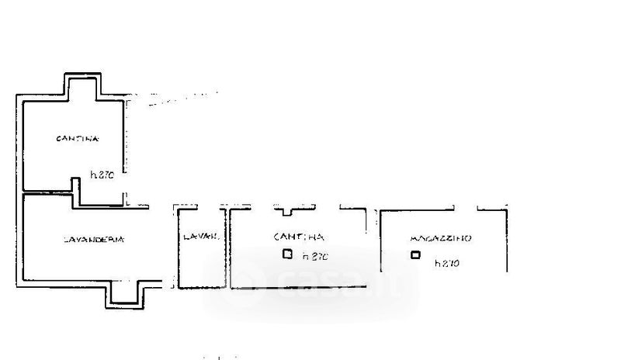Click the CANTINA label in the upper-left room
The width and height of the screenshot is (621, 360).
click(x=78, y=139)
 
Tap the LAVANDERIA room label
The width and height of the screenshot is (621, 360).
click(x=93, y=240)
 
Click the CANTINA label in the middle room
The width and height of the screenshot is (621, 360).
click(x=299, y=236)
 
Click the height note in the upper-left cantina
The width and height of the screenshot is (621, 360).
click(x=102, y=175)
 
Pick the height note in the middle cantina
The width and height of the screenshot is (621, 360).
click(x=314, y=256)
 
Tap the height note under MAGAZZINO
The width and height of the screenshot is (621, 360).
click(x=447, y=263)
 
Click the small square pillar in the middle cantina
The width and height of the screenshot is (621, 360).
click(x=287, y=254)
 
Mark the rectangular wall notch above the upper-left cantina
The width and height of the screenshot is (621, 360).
click(x=82, y=85)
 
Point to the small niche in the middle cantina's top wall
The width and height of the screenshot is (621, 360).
click(x=286, y=209)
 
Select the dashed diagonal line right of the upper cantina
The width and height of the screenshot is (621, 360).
click(x=175, y=98)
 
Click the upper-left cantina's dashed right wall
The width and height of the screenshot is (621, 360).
click(x=126, y=147)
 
